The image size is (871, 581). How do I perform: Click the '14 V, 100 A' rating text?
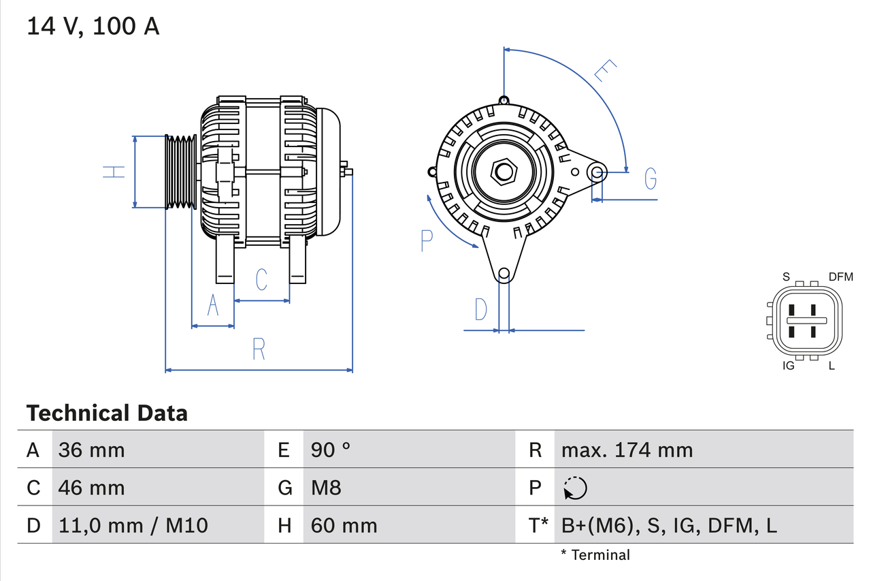[x=93, y=27]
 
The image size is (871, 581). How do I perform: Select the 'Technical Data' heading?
[x=107, y=413]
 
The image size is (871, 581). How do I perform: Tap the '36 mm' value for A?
[x=91, y=450]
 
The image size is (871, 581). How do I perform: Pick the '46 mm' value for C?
[x=91, y=488]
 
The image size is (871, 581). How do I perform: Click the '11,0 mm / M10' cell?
[x=133, y=525]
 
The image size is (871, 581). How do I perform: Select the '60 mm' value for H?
[x=344, y=525]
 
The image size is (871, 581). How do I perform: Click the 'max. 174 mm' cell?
[x=627, y=450]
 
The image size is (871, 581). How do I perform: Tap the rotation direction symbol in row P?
[x=575, y=488]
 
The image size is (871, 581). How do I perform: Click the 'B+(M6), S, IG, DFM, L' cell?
[x=669, y=525]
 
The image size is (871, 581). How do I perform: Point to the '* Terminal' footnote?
[x=595, y=555]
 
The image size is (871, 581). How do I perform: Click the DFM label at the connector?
[x=840, y=277]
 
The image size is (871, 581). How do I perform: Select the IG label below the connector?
[x=789, y=366]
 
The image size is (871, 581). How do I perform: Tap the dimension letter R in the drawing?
[x=259, y=349]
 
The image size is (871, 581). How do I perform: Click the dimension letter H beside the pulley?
[x=114, y=172]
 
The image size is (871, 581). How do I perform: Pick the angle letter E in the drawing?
[x=605, y=71]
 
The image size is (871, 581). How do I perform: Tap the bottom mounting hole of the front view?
[x=504, y=274]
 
